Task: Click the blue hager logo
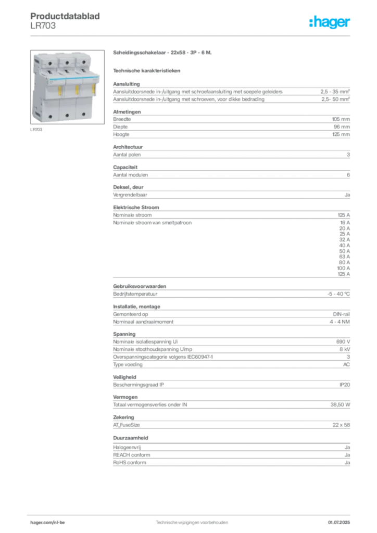click(x=330, y=23)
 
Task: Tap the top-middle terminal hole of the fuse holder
click(x=68, y=62)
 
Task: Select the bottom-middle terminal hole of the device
click(x=67, y=115)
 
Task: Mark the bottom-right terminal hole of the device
click(x=83, y=114)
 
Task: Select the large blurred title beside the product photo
click(x=162, y=54)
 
